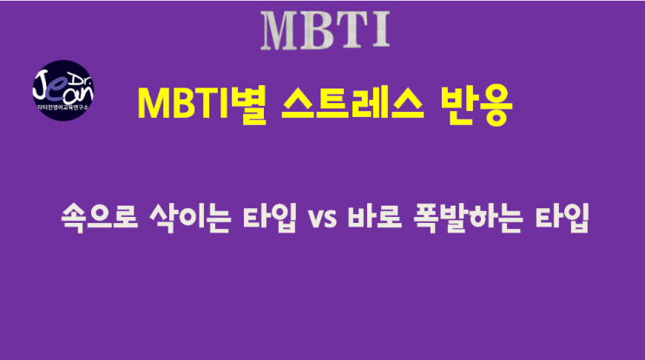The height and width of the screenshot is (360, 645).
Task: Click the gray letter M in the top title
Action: click(x=282, y=31)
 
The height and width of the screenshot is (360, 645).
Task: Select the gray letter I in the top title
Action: click(x=381, y=31)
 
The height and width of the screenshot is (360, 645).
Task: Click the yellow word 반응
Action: click(x=476, y=104)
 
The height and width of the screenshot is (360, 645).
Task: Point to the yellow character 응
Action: click(x=495, y=105)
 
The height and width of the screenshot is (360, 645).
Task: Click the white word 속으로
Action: click(x=100, y=218)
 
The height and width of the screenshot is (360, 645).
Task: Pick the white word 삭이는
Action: click(x=190, y=218)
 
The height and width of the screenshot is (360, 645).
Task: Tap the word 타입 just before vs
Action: click(x=269, y=218)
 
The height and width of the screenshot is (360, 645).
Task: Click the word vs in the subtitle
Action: click(x=322, y=219)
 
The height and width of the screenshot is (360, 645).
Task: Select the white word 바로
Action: click(x=374, y=217)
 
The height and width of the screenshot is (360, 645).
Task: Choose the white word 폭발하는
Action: click(x=468, y=218)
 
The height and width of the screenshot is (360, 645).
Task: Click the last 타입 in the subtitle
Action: click(x=562, y=218)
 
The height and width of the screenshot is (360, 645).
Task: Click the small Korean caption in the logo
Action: click(x=63, y=108)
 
